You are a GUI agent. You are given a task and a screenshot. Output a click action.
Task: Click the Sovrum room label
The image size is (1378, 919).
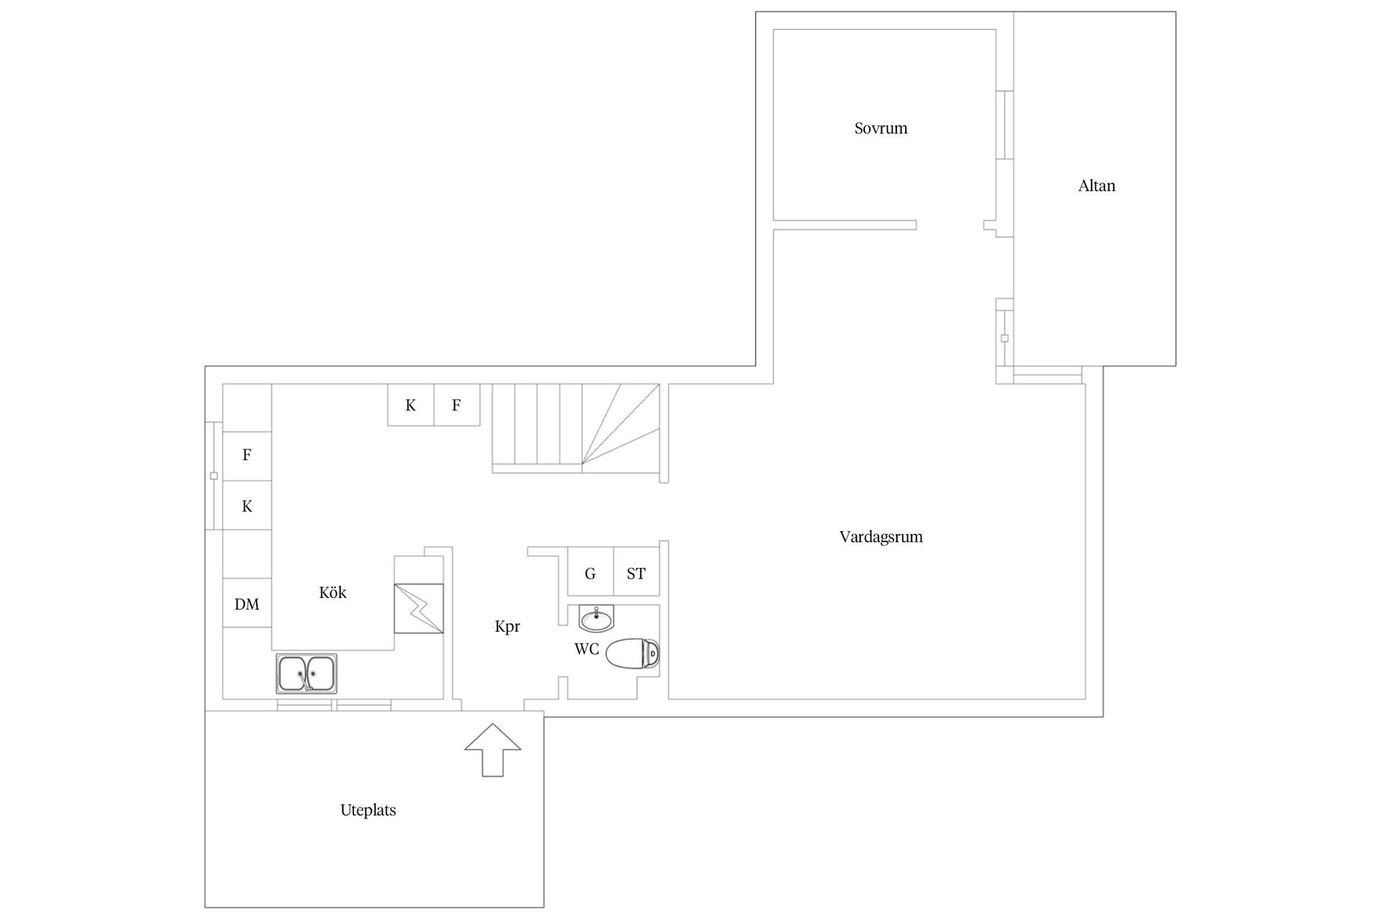[881, 129]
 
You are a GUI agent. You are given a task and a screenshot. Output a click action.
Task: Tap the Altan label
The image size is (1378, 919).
[1097, 186]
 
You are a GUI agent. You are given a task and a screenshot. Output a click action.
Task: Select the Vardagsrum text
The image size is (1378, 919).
[881, 537]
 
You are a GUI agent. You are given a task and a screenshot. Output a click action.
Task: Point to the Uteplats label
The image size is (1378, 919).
[368, 811]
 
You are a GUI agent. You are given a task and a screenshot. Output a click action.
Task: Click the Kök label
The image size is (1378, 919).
[332, 592]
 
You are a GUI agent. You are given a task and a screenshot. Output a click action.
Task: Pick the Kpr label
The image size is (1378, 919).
[507, 627]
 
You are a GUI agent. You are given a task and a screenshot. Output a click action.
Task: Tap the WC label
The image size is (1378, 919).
[586, 649]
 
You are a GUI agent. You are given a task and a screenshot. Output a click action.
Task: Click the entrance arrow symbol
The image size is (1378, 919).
[492, 750]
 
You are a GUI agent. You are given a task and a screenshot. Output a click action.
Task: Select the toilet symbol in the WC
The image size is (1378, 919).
[632, 653]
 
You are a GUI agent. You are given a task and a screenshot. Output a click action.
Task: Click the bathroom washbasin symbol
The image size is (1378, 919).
[596, 617]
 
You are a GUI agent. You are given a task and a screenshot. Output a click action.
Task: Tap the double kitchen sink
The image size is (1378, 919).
[306, 673]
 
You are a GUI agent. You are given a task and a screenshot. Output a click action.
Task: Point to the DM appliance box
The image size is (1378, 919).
[247, 603]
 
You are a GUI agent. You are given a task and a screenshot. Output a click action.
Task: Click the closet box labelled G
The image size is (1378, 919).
[591, 572]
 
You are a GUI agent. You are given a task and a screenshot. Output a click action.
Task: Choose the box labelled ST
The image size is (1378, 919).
[637, 572]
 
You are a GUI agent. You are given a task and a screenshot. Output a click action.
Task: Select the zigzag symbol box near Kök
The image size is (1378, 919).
[418, 609]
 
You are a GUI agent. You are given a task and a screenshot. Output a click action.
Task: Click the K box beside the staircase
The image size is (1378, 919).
[411, 405]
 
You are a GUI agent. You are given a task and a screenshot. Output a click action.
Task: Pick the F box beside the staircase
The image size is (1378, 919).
[457, 405]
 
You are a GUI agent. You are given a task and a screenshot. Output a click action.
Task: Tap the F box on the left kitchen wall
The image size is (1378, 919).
[247, 456]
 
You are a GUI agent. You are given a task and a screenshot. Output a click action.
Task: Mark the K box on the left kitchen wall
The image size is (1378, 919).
[247, 505]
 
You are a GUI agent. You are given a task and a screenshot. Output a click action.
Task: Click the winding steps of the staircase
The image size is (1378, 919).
[620, 428]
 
